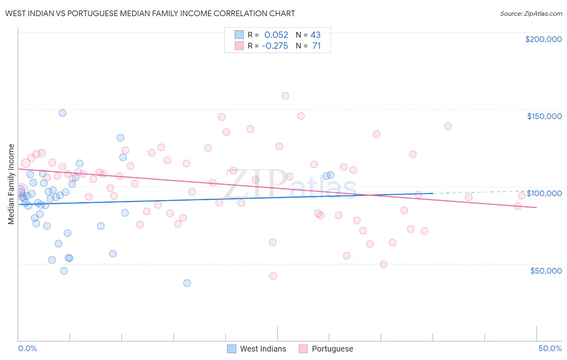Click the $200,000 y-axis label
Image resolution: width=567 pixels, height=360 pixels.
(543, 39)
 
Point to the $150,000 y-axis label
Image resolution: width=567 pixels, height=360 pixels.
(544, 116)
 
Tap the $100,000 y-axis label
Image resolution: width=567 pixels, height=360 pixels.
(544, 193)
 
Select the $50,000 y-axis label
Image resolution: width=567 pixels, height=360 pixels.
(546, 270)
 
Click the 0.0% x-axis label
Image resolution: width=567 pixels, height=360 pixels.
(27, 348)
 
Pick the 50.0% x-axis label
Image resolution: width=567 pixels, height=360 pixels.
(550, 348)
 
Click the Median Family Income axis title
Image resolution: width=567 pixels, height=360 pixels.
(11, 184)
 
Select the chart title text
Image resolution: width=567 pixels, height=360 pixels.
(150, 13)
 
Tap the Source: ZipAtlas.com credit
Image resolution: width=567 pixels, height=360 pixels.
(531, 13)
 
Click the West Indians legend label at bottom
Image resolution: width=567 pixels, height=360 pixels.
(263, 349)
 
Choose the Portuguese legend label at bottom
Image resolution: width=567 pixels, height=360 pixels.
(332, 349)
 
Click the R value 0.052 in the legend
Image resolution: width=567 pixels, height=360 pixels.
(276, 35)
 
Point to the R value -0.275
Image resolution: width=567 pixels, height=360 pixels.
(275, 46)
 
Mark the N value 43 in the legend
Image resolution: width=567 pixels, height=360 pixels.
(315, 35)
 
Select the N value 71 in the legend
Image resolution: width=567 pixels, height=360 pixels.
(317, 46)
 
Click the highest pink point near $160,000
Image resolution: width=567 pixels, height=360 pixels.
(285, 96)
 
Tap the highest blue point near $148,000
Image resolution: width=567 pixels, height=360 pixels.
(63, 113)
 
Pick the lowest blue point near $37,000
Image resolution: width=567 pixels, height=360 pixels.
(187, 283)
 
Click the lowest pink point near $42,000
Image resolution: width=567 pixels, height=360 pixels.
(273, 276)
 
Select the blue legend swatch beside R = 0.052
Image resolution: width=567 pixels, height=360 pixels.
(239, 35)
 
